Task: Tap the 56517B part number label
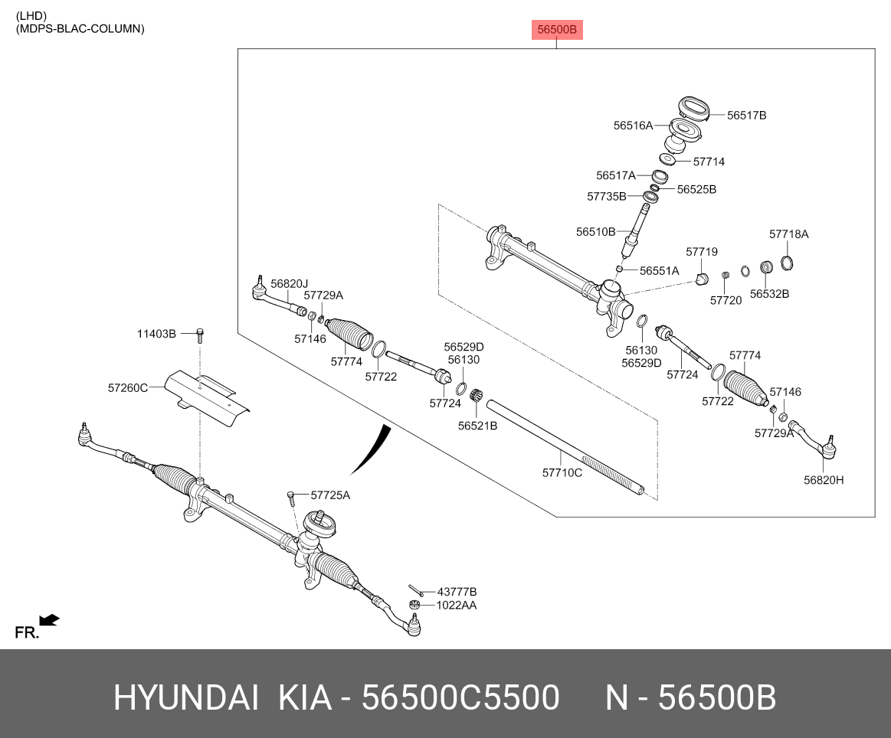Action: [x=746, y=116]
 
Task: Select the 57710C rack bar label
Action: [x=562, y=473]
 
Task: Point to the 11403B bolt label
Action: [x=156, y=334]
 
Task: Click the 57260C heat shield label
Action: [x=127, y=388]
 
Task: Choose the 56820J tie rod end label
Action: [x=289, y=283]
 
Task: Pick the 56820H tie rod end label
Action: [x=823, y=480]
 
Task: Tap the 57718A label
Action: [x=788, y=234]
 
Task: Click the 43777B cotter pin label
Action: [x=457, y=592]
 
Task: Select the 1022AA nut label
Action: [x=456, y=605]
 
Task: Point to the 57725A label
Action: [x=330, y=495]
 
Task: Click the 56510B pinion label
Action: [x=595, y=231]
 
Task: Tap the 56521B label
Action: [x=477, y=426]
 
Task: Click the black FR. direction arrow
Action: [x=50, y=620]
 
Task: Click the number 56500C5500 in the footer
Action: [x=460, y=697]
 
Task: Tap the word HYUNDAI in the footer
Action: [x=185, y=697]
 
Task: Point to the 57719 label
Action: [x=701, y=252]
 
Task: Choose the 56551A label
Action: [x=659, y=271]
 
